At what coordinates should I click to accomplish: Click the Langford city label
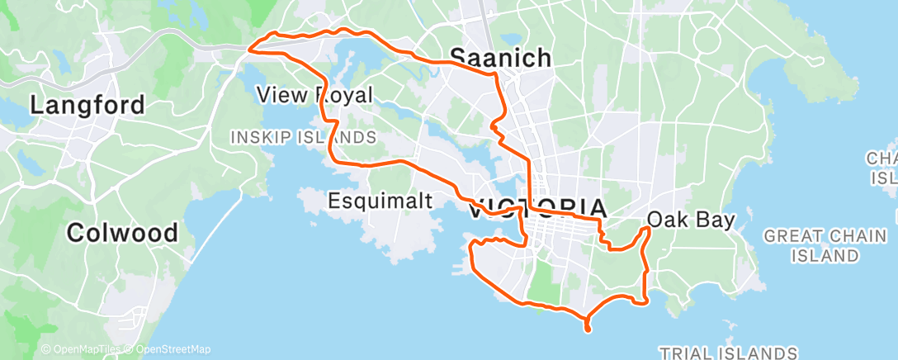point(87,106)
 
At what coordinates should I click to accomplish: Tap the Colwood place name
point(122,233)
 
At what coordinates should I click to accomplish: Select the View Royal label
point(314,94)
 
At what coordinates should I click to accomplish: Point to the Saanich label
point(500,57)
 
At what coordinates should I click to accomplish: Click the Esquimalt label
point(378,200)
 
